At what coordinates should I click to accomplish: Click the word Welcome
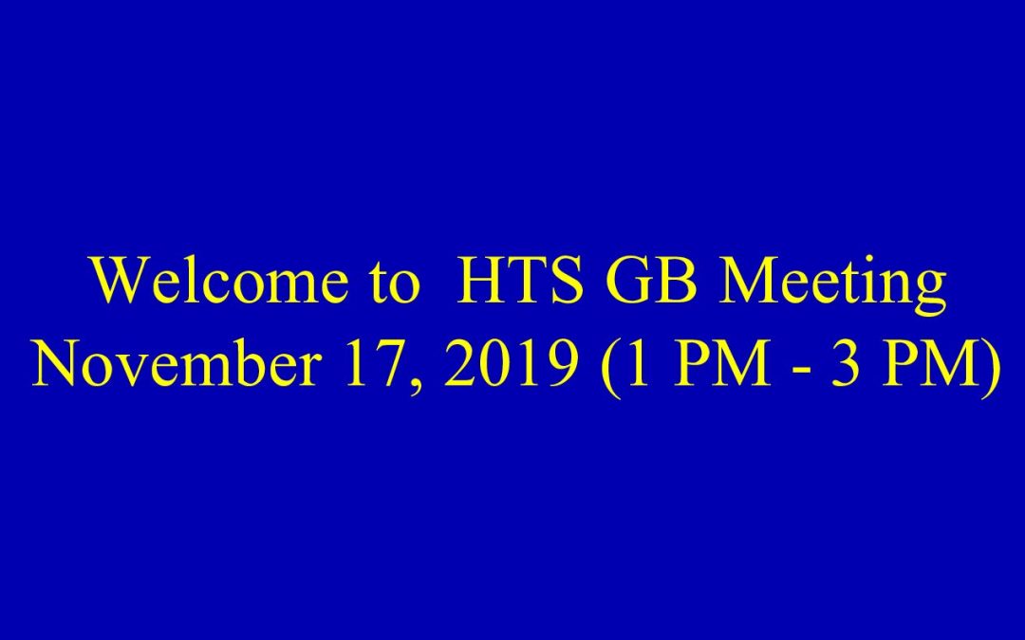click(x=220, y=280)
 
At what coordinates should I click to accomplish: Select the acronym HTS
click(x=520, y=280)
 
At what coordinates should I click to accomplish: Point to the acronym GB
click(x=651, y=280)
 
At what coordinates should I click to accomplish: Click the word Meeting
click(x=833, y=285)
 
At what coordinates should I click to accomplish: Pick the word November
click(x=177, y=362)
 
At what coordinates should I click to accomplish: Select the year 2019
click(x=512, y=362)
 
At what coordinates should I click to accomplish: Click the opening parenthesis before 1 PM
click(x=610, y=368)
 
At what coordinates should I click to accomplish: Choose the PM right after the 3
click(x=928, y=362)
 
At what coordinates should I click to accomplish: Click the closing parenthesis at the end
click(x=990, y=368)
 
